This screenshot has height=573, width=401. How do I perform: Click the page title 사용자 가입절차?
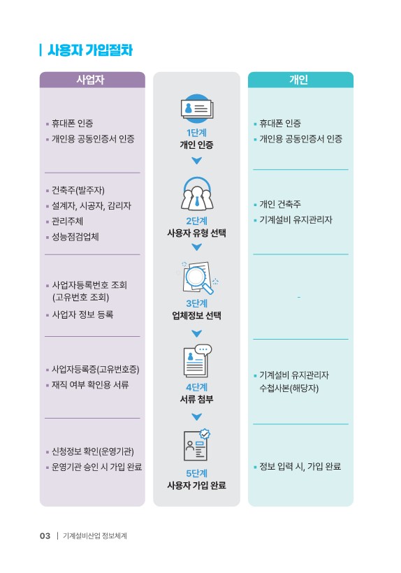[90, 50]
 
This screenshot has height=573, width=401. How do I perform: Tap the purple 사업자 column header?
[92, 80]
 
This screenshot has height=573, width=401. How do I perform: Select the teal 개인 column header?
[300, 80]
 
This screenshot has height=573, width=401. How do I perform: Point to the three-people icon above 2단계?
[197, 194]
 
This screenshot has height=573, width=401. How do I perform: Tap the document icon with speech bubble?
[197, 361]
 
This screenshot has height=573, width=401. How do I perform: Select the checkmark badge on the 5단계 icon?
[205, 434]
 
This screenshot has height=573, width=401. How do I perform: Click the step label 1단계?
[196, 132]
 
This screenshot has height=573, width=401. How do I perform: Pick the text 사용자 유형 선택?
[196, 233]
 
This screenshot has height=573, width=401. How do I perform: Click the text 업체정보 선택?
[196, 315]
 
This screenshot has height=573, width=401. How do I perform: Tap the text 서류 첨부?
[196, 399]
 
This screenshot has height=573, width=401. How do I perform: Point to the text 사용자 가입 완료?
[196, 485]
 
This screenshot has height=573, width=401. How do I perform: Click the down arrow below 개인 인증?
[196, 161]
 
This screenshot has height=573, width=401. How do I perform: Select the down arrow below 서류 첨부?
[196, 416]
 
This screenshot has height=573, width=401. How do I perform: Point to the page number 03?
[45, 536]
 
